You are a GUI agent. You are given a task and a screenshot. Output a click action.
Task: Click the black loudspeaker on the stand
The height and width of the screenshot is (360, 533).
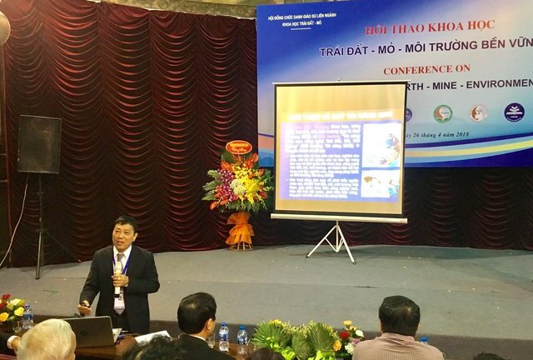[x=39, y=144]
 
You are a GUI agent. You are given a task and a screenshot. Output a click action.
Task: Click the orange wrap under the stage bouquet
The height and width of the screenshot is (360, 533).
[x=240, y=228]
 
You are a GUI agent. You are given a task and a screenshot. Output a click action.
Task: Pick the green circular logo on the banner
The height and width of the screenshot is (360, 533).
[x=442, y=113]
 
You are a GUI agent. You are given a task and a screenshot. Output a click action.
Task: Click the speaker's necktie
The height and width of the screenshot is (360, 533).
[x=122, y=275]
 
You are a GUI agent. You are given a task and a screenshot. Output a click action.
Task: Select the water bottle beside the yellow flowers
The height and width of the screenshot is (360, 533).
[x=27, y=317]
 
